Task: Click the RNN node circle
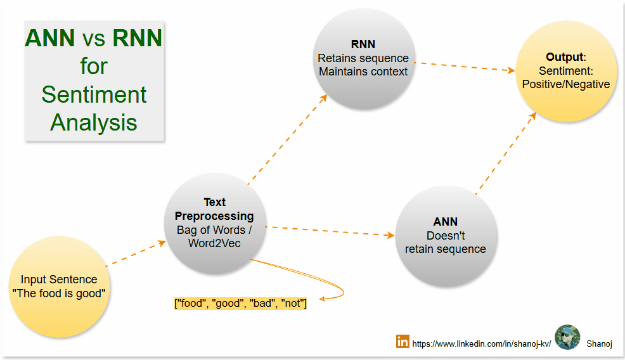coord(363,58)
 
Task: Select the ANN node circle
coord(446,235)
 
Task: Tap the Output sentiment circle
coord(565,70)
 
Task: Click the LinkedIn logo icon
coord(403,341)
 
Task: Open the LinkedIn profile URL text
coord(482,344)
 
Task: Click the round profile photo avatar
coord(567,338)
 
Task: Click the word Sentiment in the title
coord(94,94)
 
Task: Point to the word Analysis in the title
coord(94,122)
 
